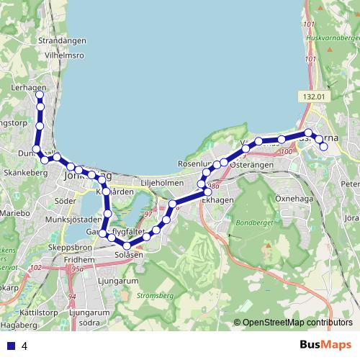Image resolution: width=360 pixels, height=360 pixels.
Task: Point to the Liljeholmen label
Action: pos(162,183)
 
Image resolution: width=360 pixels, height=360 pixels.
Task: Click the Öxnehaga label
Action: pos(293,197)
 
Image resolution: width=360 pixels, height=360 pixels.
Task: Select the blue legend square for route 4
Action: pos(11,346)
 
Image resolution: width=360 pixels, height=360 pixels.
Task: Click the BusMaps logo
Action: pos(326,346)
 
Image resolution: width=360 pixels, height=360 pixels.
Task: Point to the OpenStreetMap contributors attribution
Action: pos(297,323)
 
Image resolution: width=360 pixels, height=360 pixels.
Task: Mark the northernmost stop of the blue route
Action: pos(40,95)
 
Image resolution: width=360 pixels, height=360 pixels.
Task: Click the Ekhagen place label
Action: pos(217,200)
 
